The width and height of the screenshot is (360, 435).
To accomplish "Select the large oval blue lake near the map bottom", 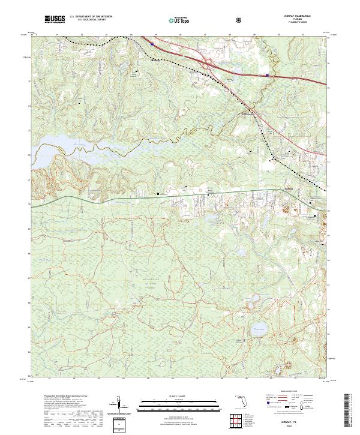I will (259, 328).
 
